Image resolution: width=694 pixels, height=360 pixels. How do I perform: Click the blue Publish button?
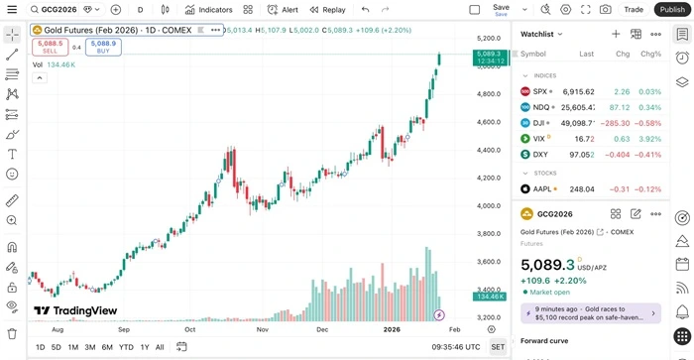(x=671, y=9)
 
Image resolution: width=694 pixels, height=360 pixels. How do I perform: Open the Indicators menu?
(x=208, y=9)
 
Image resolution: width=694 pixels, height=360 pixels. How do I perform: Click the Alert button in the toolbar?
(x=283, y=9)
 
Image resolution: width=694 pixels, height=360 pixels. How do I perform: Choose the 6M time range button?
(x=107, y=347)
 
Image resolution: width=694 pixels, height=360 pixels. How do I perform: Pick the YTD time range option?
(x=126, y=347)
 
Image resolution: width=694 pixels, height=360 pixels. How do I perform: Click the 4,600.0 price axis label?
(x=489, y=122)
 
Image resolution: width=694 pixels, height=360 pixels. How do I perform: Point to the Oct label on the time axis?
(x=189, y=328)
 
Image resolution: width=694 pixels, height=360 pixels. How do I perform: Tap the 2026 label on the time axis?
(x=393, y=328)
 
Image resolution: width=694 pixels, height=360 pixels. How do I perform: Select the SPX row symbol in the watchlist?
(x=540, y=91)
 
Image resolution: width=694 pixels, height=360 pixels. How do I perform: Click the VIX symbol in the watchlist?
(x=539, y=139)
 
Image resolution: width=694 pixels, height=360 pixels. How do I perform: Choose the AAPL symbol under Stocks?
(x=542, y=189)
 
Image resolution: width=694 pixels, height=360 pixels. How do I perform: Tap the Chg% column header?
(x=651, y=54)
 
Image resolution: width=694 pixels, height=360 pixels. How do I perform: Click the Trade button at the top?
(x=634, y=9)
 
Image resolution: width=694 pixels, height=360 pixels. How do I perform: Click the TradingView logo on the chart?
(x=75, y=310)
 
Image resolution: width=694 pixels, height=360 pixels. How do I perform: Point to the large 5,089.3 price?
(x=548, y=265)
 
